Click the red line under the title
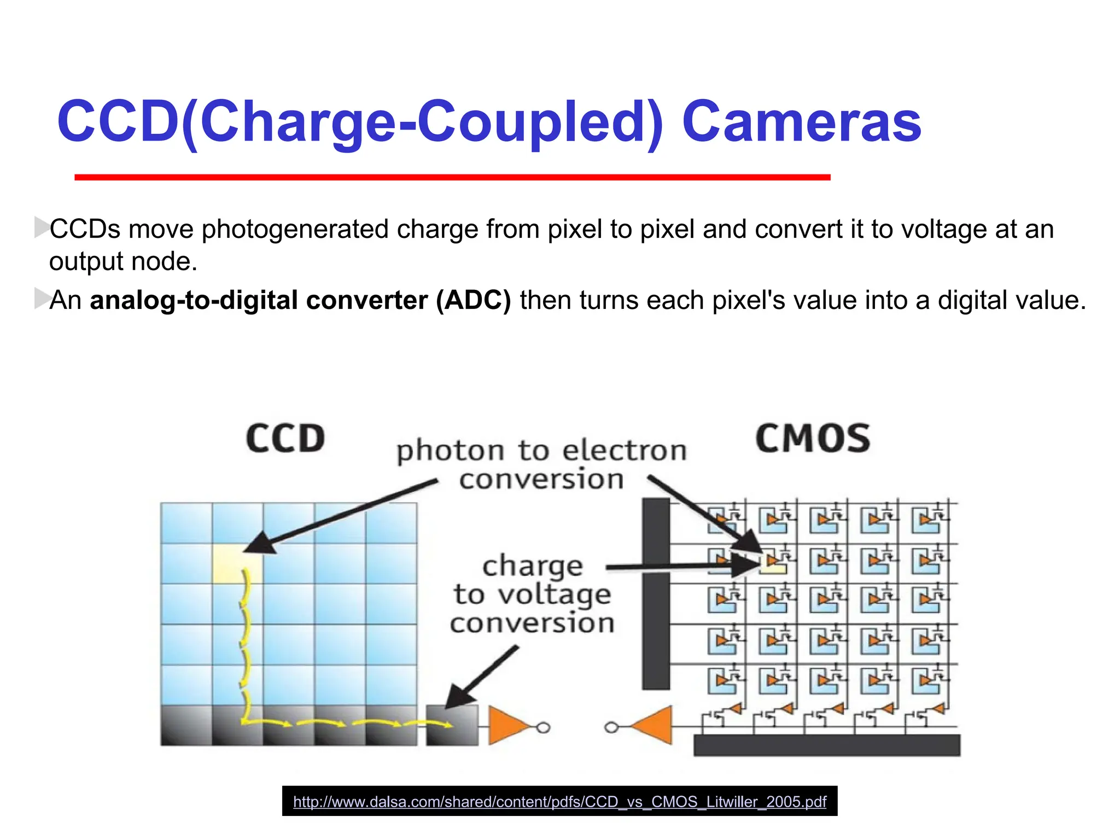click(452, 177)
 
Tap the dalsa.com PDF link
click(559, 802)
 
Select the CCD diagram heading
click(285, 439)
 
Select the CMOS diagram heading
click(813, 439)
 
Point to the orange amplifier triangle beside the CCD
click(506, 726)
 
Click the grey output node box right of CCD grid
click(452, 726)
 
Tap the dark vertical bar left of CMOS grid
click(656, 593)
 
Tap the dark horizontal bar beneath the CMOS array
click(826, 745)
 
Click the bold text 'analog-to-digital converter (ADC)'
click(300, 300)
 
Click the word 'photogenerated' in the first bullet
click(295, 229)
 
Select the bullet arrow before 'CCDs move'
click(41, 227)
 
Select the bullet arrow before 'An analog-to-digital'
click(41, 298)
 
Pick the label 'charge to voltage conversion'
click(532, 594)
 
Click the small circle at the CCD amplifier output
click(543, 727)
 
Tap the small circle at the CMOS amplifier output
click(611, 727)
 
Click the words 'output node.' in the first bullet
click(123, 261)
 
